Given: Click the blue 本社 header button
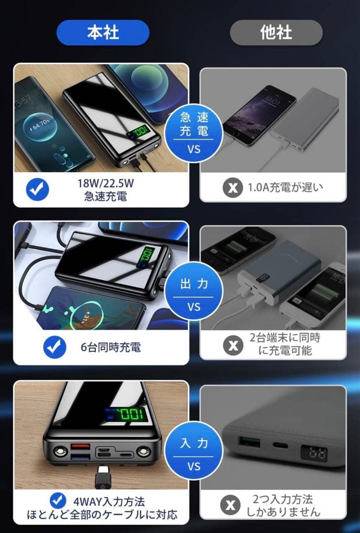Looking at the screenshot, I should pos(103,33).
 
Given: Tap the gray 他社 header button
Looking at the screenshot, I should pos(276,33).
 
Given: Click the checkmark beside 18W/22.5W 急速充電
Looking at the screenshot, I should pos(37,190).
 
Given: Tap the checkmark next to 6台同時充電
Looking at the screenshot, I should pos(54,347).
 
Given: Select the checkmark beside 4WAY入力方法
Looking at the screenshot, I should pos(59,500).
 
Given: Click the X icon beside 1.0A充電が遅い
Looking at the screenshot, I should pos(232,188).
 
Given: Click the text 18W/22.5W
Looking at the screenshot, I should pos(106,184).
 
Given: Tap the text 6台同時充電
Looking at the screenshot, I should pos(110,347).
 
